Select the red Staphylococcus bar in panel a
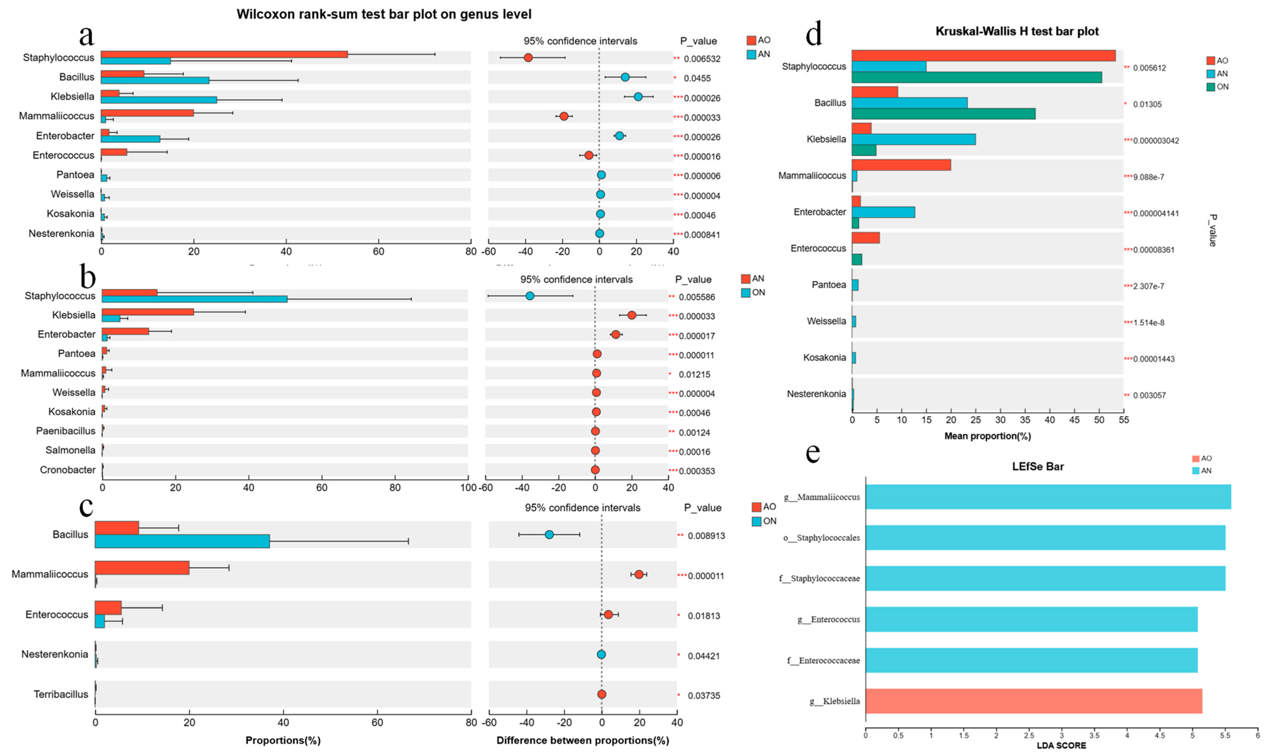point(224,54)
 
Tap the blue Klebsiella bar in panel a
point(159,100)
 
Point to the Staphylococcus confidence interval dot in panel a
point(528,58)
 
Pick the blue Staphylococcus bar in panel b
point(195,299)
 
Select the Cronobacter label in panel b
point(68,470)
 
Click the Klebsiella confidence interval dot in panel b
point(632,315)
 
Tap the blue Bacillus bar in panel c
point(183,541)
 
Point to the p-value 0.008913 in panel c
point(706,536)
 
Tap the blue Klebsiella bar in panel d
point(914,139)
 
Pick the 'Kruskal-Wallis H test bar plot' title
point(1017,32)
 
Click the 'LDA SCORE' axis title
point(1061,745)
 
